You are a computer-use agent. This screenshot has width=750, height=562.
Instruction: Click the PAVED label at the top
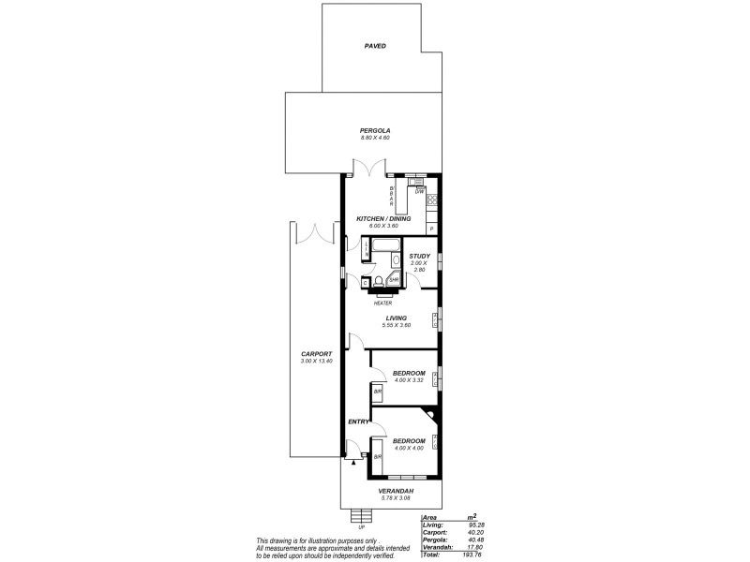pyautogui.click(x=375, y=45)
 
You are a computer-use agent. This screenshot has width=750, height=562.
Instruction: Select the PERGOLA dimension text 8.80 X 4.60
pyautogui.click(x=375, y=138)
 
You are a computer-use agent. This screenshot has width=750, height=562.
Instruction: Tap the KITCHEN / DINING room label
pyautogui.click(x=383, y=218)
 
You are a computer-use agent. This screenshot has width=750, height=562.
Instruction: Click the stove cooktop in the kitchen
pyautogui.click(x=432, y=200)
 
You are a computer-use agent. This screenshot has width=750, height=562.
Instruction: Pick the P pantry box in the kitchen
pyautogui.click(x=432, y=229)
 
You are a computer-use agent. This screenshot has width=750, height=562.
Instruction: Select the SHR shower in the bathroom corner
pyautogui.click(x=394, y=279)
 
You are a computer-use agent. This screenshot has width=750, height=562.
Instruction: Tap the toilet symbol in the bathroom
pyautogui.click(x=379, y=280)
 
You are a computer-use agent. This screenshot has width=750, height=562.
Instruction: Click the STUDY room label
pyautogui.click(x=419, y=256)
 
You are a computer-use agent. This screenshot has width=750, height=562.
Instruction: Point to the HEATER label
pyautogui.click(x=382, y=303)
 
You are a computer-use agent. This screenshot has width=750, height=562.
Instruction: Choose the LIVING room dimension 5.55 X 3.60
pyautogui.click(x=396, y=325)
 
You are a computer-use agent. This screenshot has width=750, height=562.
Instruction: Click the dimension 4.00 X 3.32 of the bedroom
pyautogui.click(x=409, y=380)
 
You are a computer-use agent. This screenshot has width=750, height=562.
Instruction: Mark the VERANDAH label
pyautogui.click(x=396, y=490)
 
